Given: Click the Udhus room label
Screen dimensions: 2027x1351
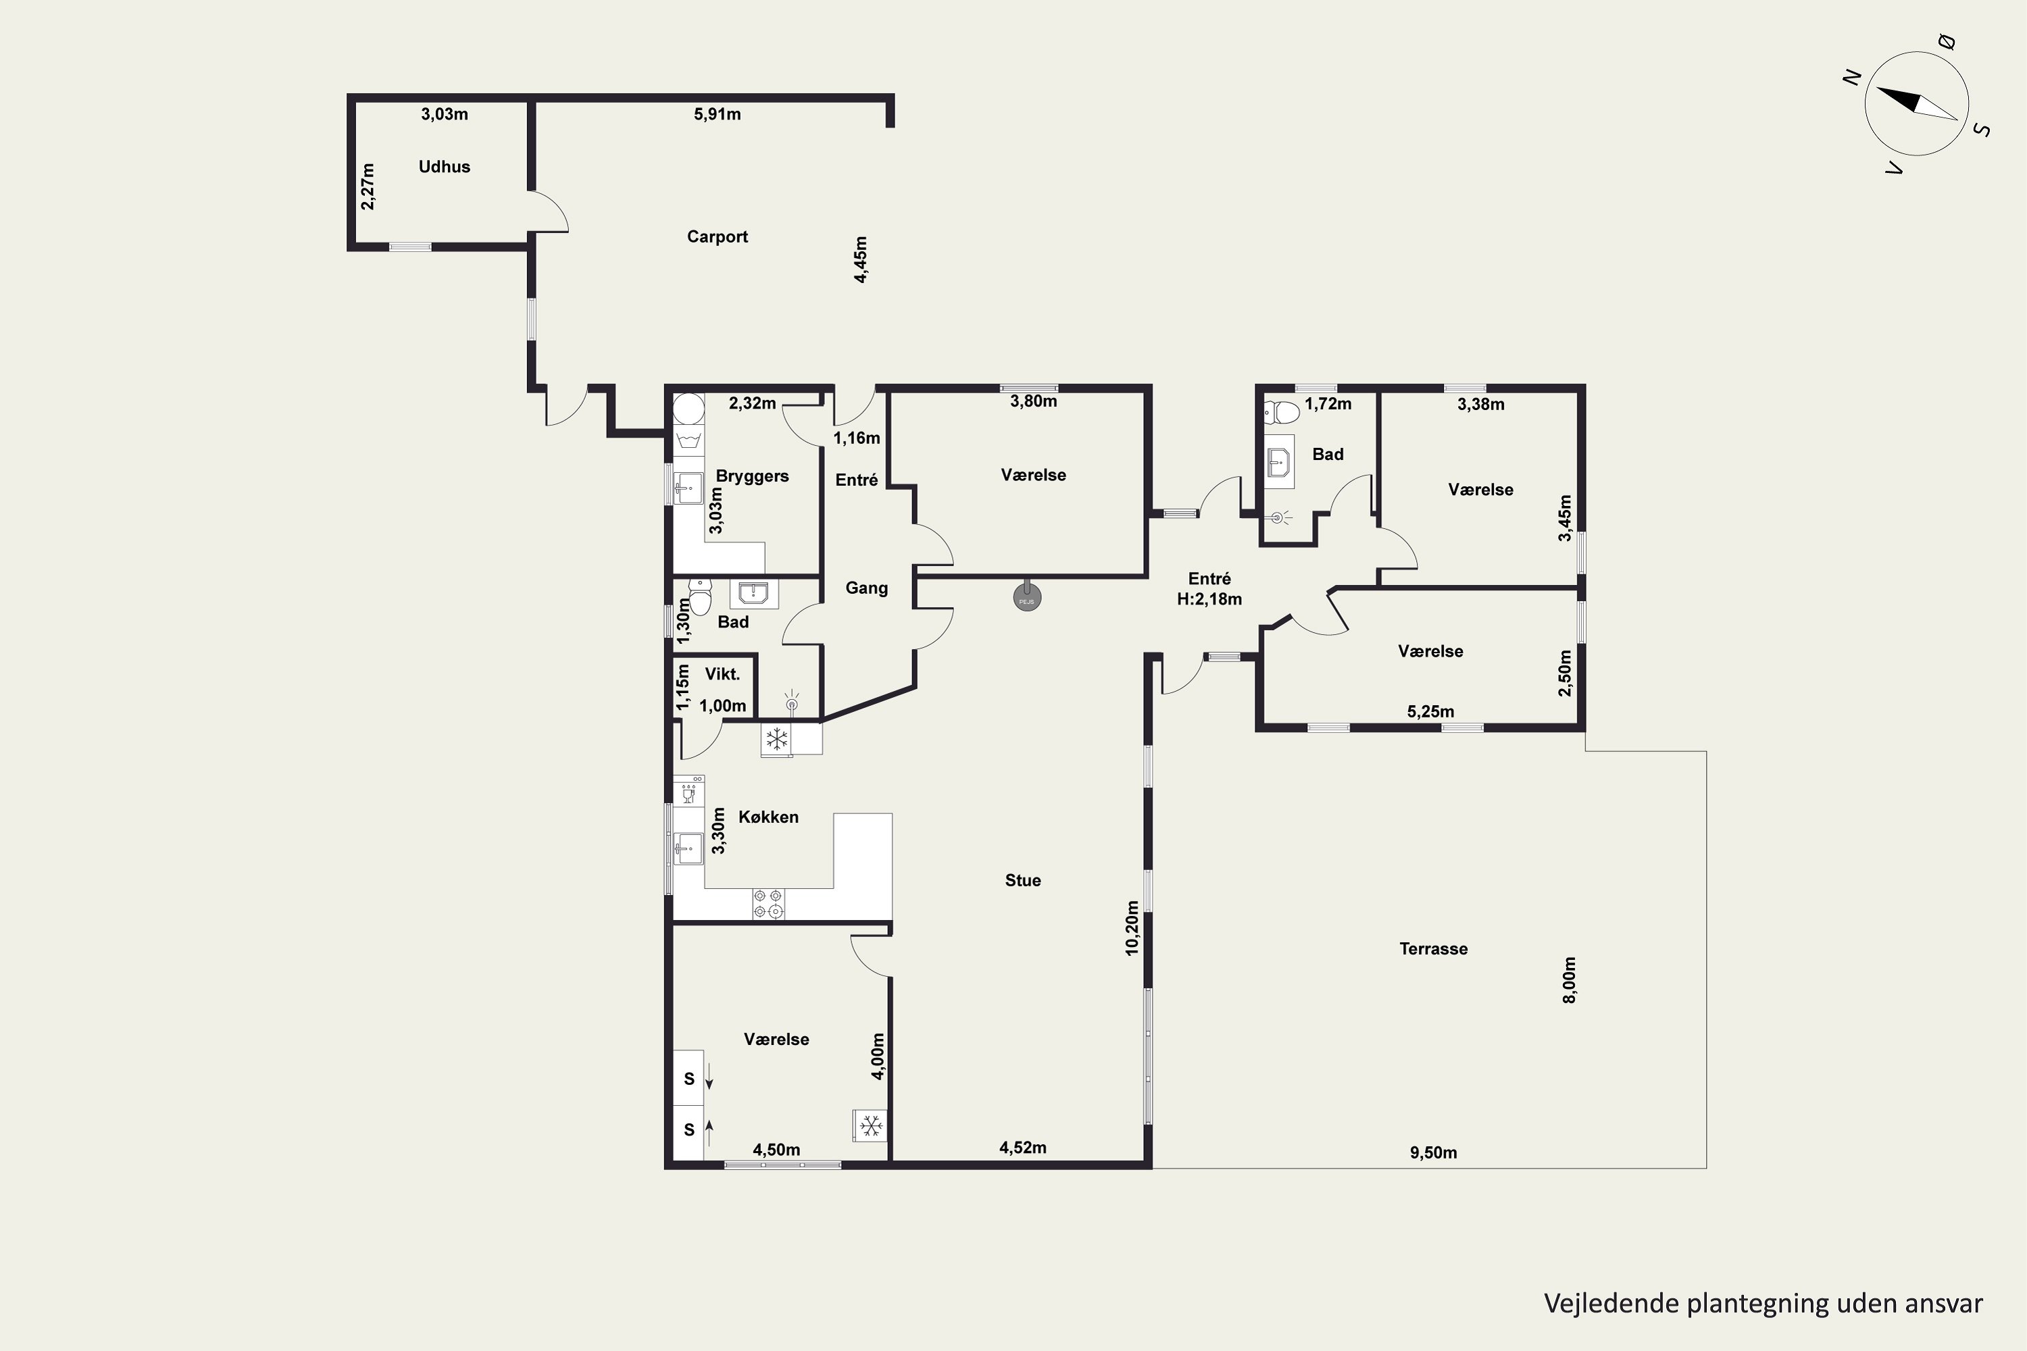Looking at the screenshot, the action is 444,166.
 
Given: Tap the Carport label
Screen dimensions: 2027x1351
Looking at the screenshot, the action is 717,237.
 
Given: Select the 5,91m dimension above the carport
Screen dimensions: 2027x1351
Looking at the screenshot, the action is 717,113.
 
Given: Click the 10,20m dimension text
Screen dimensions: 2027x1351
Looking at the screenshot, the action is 1132,928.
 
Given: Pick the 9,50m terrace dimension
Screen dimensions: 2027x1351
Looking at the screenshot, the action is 1433,1153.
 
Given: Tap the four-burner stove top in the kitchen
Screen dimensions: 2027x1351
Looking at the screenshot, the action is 769,904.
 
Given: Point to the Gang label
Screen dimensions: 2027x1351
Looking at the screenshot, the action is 866,588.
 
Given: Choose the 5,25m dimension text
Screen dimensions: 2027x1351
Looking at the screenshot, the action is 1430,712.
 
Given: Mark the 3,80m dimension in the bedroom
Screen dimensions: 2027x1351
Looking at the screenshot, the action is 1033,401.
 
